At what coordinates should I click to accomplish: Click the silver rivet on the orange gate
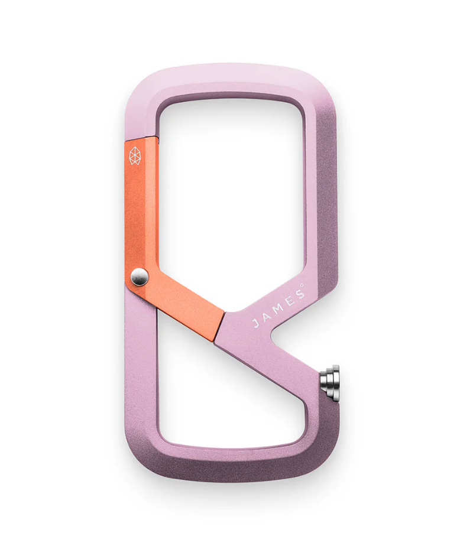[140, 277]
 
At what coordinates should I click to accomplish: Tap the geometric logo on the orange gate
[135, 156]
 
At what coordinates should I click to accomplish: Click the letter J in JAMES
[257, 323]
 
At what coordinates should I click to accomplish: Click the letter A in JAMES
[267, 317]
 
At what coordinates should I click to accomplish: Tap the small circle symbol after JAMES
[302, 286]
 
